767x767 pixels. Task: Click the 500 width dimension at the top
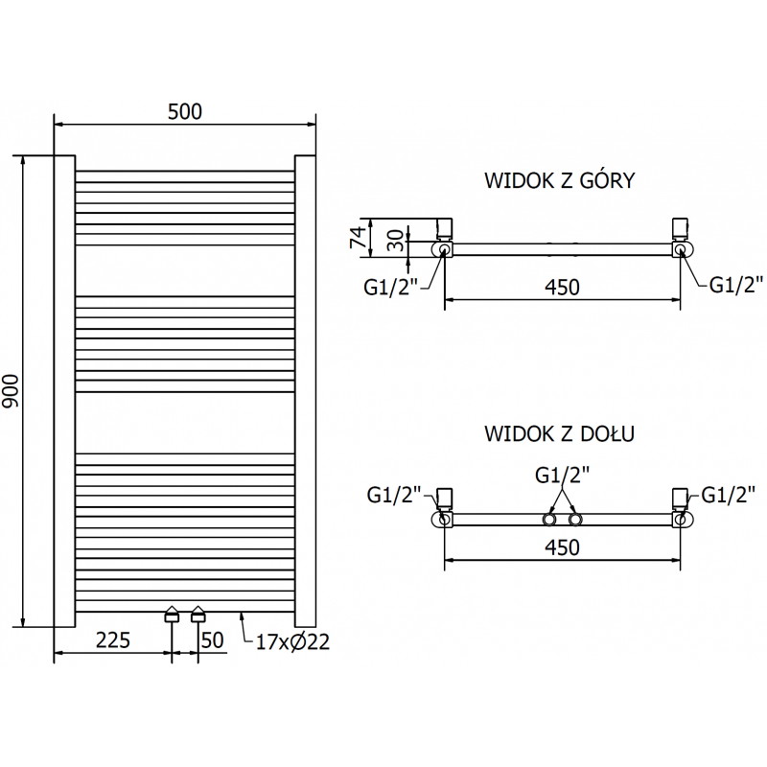pyautogui.click(x=185, y=111)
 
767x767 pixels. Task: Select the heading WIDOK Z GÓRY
pyautogui.click(x=558, y=182)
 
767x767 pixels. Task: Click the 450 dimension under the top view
pyautogui.click(x=562, y=287)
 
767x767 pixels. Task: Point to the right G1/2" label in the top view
pyautogui.click(x=735, y=284)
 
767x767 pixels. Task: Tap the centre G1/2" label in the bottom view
pyautogui.click(x=562, y=475)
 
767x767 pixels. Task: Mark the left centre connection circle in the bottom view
pyautogui.click(x=550, y=520)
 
